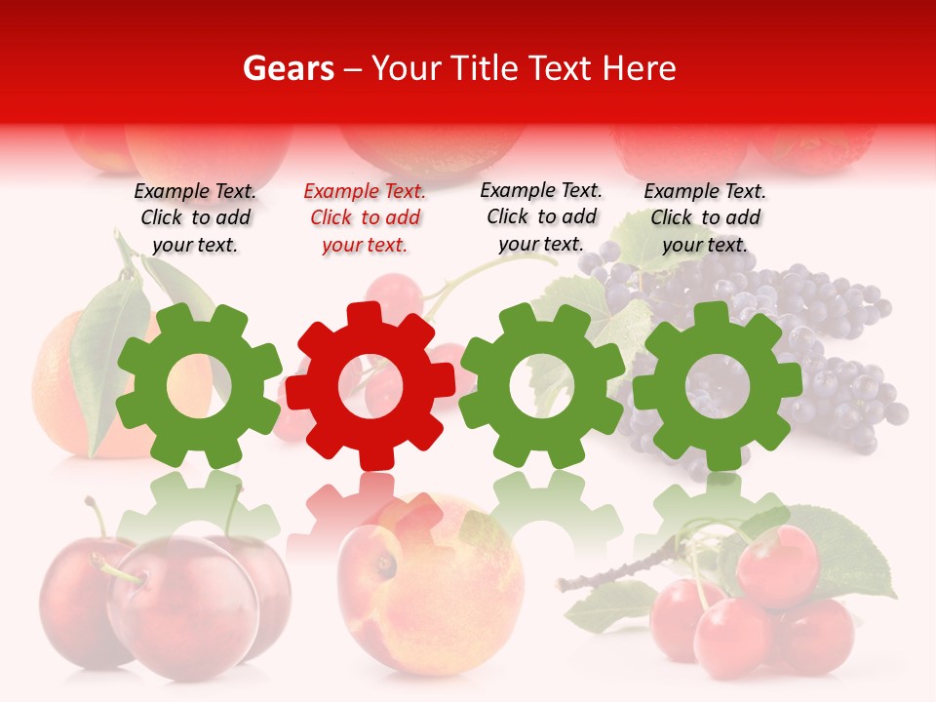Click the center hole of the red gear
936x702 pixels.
click(370, 387)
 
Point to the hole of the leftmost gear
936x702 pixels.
click(198, 385)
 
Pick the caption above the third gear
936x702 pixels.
click(541, 217)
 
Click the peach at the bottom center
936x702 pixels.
click(429, 585)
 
